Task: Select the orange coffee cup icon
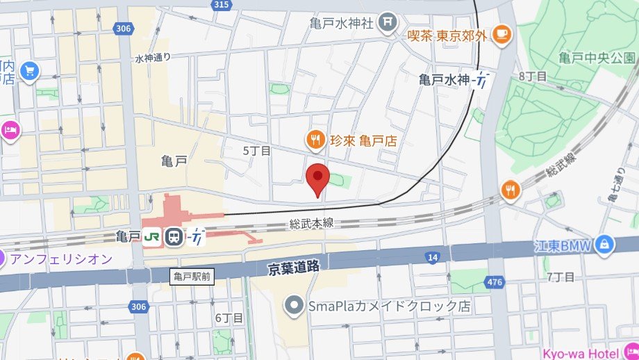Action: click(x=501, y=33)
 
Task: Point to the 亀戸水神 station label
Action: click(x=445, y=80)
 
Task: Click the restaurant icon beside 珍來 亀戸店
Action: click(x=315, y=140)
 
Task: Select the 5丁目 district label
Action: click(x=256, y=150)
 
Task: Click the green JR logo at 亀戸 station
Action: click(x=152, y=237)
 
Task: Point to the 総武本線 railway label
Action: click(x=311, y=223)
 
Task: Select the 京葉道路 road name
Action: click(x=294, y=265)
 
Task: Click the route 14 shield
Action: click(x=433, y=258)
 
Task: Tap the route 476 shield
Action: click(x=495, y=282)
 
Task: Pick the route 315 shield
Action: click(x=221, y=6)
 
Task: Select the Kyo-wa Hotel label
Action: click(x=601, y=352)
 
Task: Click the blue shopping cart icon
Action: click(x=28, y=70)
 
